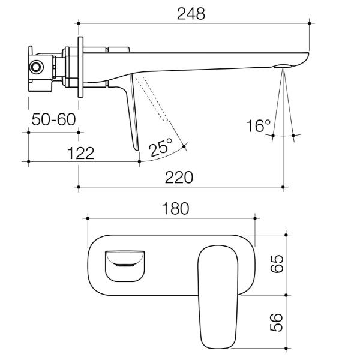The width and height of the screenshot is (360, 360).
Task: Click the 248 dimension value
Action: (190, 14)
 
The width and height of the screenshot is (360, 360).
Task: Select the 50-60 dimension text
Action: (53, 119)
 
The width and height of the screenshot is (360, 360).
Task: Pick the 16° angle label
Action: (259, 125)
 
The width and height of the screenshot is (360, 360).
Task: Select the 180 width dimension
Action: (174, 208)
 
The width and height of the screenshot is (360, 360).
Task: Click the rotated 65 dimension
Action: (278, 263)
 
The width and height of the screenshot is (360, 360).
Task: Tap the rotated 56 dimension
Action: (278, 321)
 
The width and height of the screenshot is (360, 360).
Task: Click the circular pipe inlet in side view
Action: (37, 67)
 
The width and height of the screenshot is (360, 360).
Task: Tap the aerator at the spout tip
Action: (283, 66)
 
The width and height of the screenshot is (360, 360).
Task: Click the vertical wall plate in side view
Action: (79, 66)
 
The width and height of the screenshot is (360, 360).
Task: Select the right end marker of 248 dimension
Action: (308, 23)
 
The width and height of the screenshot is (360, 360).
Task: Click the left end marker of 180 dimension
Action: (88, 217)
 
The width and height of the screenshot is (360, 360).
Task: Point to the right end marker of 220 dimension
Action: (283, 187)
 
